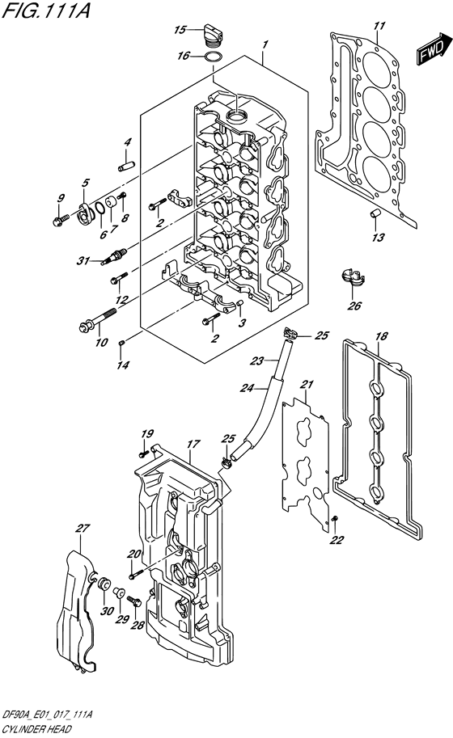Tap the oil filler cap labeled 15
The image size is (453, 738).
tap(213, 32)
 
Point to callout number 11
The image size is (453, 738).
tap(379, 27)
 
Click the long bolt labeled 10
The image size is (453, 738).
tap(90, 324)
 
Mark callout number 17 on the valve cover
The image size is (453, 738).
tap(193, 444)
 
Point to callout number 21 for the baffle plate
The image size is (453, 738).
tap(307, 383)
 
